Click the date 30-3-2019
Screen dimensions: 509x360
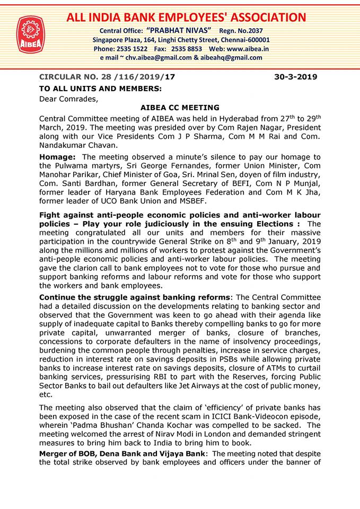pyautogui.click(x=295, y=77)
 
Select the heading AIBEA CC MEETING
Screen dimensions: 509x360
pyautogui.click(x=180, y=108)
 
